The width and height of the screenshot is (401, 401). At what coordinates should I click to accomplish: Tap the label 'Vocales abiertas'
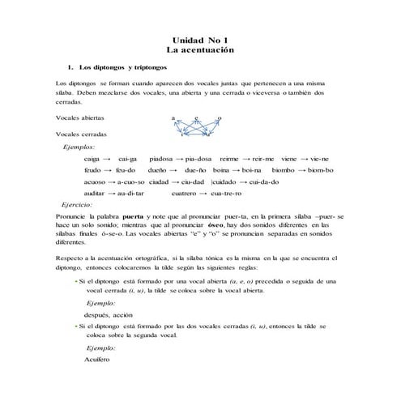(x=81, y=118)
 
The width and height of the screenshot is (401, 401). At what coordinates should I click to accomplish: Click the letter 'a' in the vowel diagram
(x=173, y=118)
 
